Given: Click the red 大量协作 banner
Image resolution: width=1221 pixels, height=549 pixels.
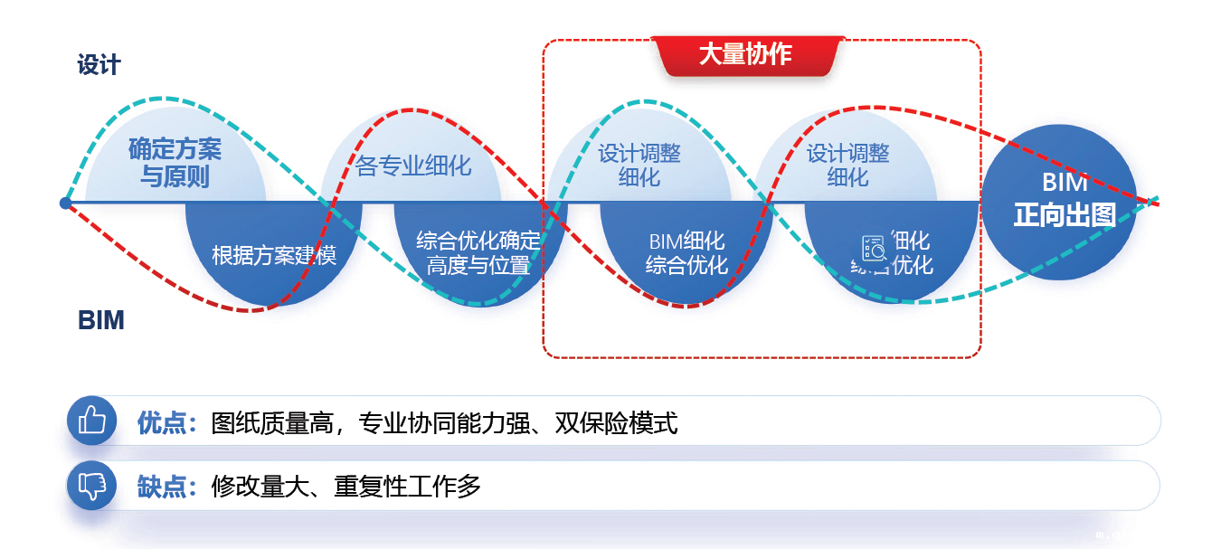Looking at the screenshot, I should (745, 54).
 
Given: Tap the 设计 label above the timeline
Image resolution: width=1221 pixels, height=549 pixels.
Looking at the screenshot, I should (99, 65).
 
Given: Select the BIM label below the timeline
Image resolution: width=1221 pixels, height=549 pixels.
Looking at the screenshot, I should (100, 320).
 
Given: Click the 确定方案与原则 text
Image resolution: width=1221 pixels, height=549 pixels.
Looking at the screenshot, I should (175, 162).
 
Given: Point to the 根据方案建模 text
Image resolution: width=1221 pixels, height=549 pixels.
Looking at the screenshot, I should (273, 255).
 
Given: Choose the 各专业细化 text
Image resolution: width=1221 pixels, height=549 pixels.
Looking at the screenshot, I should (413, 166).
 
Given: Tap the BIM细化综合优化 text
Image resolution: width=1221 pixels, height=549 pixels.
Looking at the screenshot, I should (686, 253).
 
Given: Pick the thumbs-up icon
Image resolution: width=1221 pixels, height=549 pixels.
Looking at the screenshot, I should (92, 421).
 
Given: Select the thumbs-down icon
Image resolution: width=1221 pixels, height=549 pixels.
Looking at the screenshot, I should (92, 486).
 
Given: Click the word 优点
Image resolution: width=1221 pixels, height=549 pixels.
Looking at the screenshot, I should (162, 422).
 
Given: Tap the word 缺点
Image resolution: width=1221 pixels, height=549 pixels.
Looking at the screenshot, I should (162, 487).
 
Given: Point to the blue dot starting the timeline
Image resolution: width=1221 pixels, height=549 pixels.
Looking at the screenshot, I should (65, 203).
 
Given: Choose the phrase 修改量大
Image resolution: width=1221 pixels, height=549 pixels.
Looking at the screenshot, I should (261, 487).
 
